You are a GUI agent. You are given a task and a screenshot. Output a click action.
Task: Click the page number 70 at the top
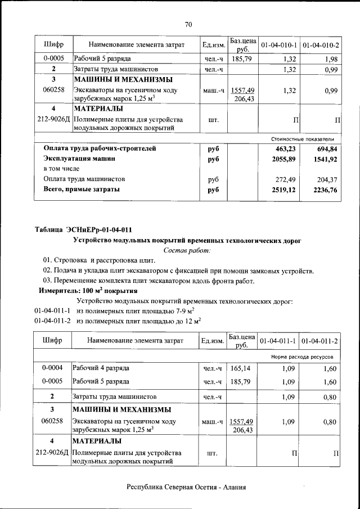click(188, 24)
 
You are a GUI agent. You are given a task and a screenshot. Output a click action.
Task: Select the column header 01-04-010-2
click(321, 44)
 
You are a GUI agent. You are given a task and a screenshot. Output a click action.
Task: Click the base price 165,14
click(241, 368)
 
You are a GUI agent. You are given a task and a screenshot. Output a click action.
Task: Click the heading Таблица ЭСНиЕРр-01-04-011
click(83, 229)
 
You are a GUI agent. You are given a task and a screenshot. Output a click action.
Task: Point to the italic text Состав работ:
click(187, 250)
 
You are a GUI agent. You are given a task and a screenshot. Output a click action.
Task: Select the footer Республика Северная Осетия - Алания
click(186, 488)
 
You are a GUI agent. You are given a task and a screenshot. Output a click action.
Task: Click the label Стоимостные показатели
click(303, 138)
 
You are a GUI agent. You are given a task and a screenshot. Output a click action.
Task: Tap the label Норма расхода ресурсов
click(302, 357)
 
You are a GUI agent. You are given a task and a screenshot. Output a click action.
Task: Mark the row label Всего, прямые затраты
click(82, 190)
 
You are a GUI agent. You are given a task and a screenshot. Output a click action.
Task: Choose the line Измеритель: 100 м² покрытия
click(88, 291)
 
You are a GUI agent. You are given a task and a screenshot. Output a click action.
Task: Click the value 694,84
click(326, 149)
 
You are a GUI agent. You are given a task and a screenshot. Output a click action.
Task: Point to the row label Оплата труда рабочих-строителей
click(100, 149)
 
